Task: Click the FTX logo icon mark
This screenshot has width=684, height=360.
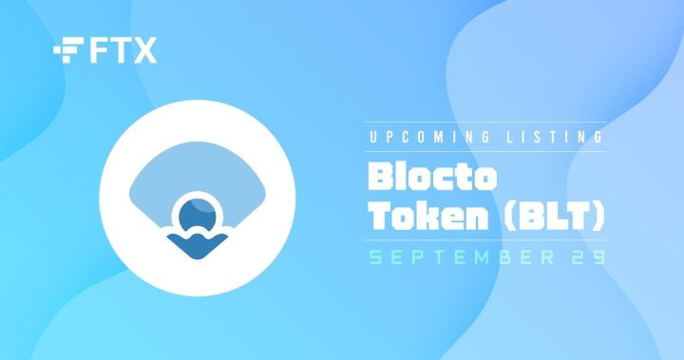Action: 68,50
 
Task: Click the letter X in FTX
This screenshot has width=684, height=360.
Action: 144,51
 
